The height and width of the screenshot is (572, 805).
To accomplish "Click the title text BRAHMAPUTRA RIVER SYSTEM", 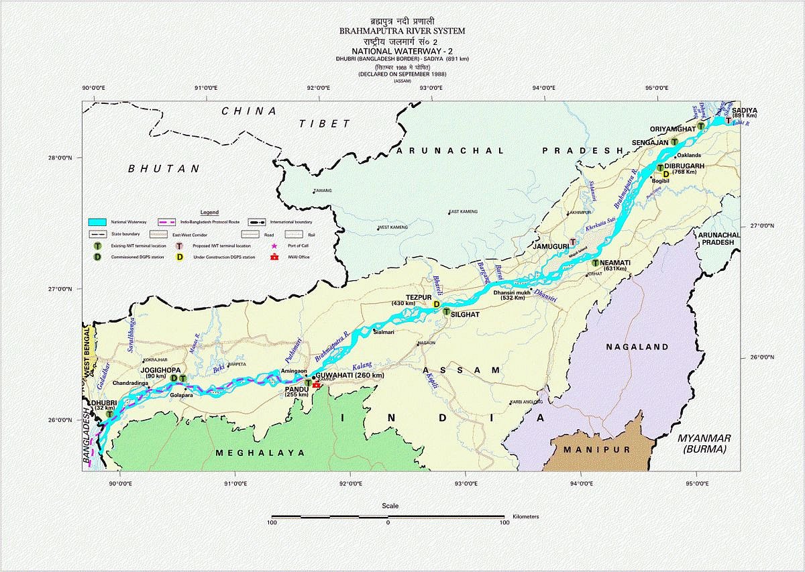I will coord(402,31).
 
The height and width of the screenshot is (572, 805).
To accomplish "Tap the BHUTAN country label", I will coord(164,169).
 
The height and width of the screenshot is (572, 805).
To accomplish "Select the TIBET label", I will coord(325,124).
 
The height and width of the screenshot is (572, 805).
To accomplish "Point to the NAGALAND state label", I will coord(637,347).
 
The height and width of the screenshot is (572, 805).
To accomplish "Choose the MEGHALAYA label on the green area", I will coord(260,453).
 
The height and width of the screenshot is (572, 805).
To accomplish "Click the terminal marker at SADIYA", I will coord(729,121).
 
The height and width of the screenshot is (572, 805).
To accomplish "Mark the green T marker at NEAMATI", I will coord(595,263).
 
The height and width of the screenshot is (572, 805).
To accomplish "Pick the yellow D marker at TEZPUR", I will coord(437,304).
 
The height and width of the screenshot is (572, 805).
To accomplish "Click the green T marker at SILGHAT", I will coord(445,312).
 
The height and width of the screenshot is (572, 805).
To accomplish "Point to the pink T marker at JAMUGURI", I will coord(572,242).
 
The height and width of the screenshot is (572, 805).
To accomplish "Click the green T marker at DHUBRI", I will coord(109,414).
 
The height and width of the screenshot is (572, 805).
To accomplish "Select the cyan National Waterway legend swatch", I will coord(99,222).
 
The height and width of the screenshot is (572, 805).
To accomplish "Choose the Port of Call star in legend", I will coord(273,246).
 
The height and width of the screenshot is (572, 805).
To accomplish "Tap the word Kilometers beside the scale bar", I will coord(525,517).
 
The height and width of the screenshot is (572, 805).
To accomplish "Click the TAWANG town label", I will coord(323,191).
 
